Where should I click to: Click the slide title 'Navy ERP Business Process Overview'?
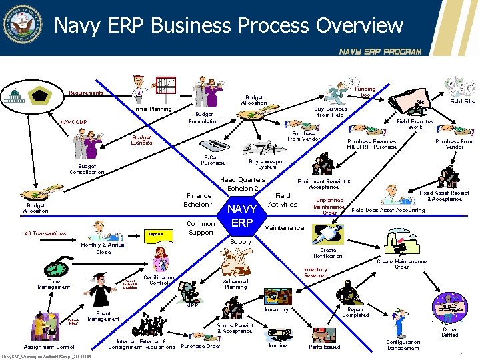[229, 25]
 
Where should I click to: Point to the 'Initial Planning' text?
[153, 109]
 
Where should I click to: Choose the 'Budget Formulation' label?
[204, 118]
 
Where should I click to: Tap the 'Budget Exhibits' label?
[141, 140]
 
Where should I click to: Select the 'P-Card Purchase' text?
[213, 160]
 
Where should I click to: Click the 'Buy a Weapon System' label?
[267, 164]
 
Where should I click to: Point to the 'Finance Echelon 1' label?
[199, 200]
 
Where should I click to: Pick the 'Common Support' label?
[201, 228]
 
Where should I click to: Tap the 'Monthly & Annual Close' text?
[103, 249]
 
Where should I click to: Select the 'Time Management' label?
[53, 284]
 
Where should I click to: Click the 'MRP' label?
[193, 306]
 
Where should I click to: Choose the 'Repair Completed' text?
[355, 312]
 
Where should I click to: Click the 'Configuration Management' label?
[403, 345]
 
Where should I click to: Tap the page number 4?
[463, 355]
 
